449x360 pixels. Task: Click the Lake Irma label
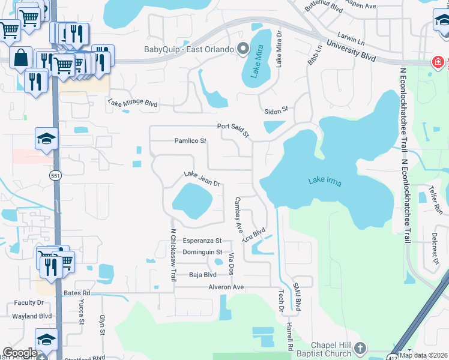(325, 181)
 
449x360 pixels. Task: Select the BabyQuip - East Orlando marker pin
(243, 49)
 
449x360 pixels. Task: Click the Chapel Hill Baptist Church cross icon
(360, 348)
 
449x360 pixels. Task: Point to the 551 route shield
(54, 175)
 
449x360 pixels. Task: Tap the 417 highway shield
(393, 356)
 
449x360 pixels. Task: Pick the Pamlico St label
(190, 141)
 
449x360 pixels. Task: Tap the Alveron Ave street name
(226, 287)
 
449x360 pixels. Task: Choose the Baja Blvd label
(202, 275)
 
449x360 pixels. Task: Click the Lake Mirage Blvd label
(133, 103)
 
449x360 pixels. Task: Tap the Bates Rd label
(76, 293)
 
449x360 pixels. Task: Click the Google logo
(20, 353)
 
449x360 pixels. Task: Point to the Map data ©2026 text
(423, 355)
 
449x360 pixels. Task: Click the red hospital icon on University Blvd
(438, 62)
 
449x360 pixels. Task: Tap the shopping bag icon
(20, 58)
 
